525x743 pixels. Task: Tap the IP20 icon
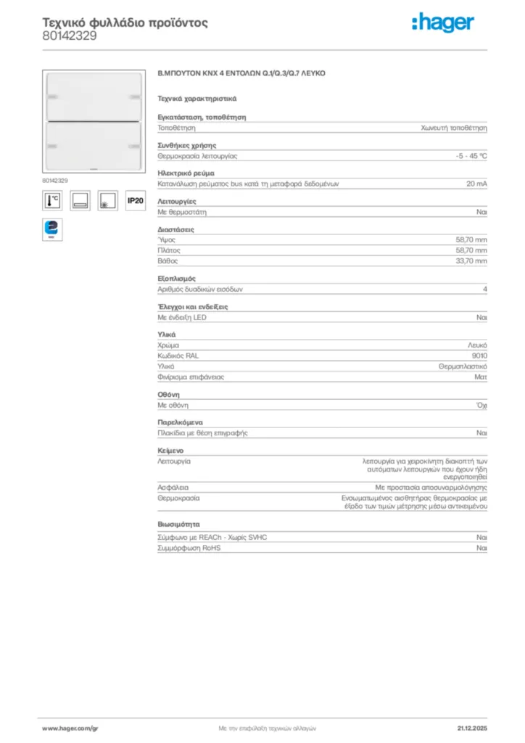tap(135, 201)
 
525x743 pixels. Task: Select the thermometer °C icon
tap(52, 201)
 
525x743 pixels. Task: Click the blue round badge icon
tap(51, 229)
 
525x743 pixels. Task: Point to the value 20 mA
tap(476, 184)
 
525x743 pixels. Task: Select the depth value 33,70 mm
tap(471, 260)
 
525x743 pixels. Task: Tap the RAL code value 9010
tap(479, 356)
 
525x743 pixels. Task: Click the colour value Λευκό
tap(477, 345)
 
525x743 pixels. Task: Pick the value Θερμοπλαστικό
tap(463, 366)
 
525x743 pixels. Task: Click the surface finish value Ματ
tap(481, 377)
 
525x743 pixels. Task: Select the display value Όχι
tap(481, 405)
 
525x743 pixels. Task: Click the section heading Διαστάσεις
tap(175, 230)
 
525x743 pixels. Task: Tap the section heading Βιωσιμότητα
tap(179, 524)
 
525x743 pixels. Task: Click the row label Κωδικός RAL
tap(178, 356)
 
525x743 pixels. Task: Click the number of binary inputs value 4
tap(484, 289)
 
